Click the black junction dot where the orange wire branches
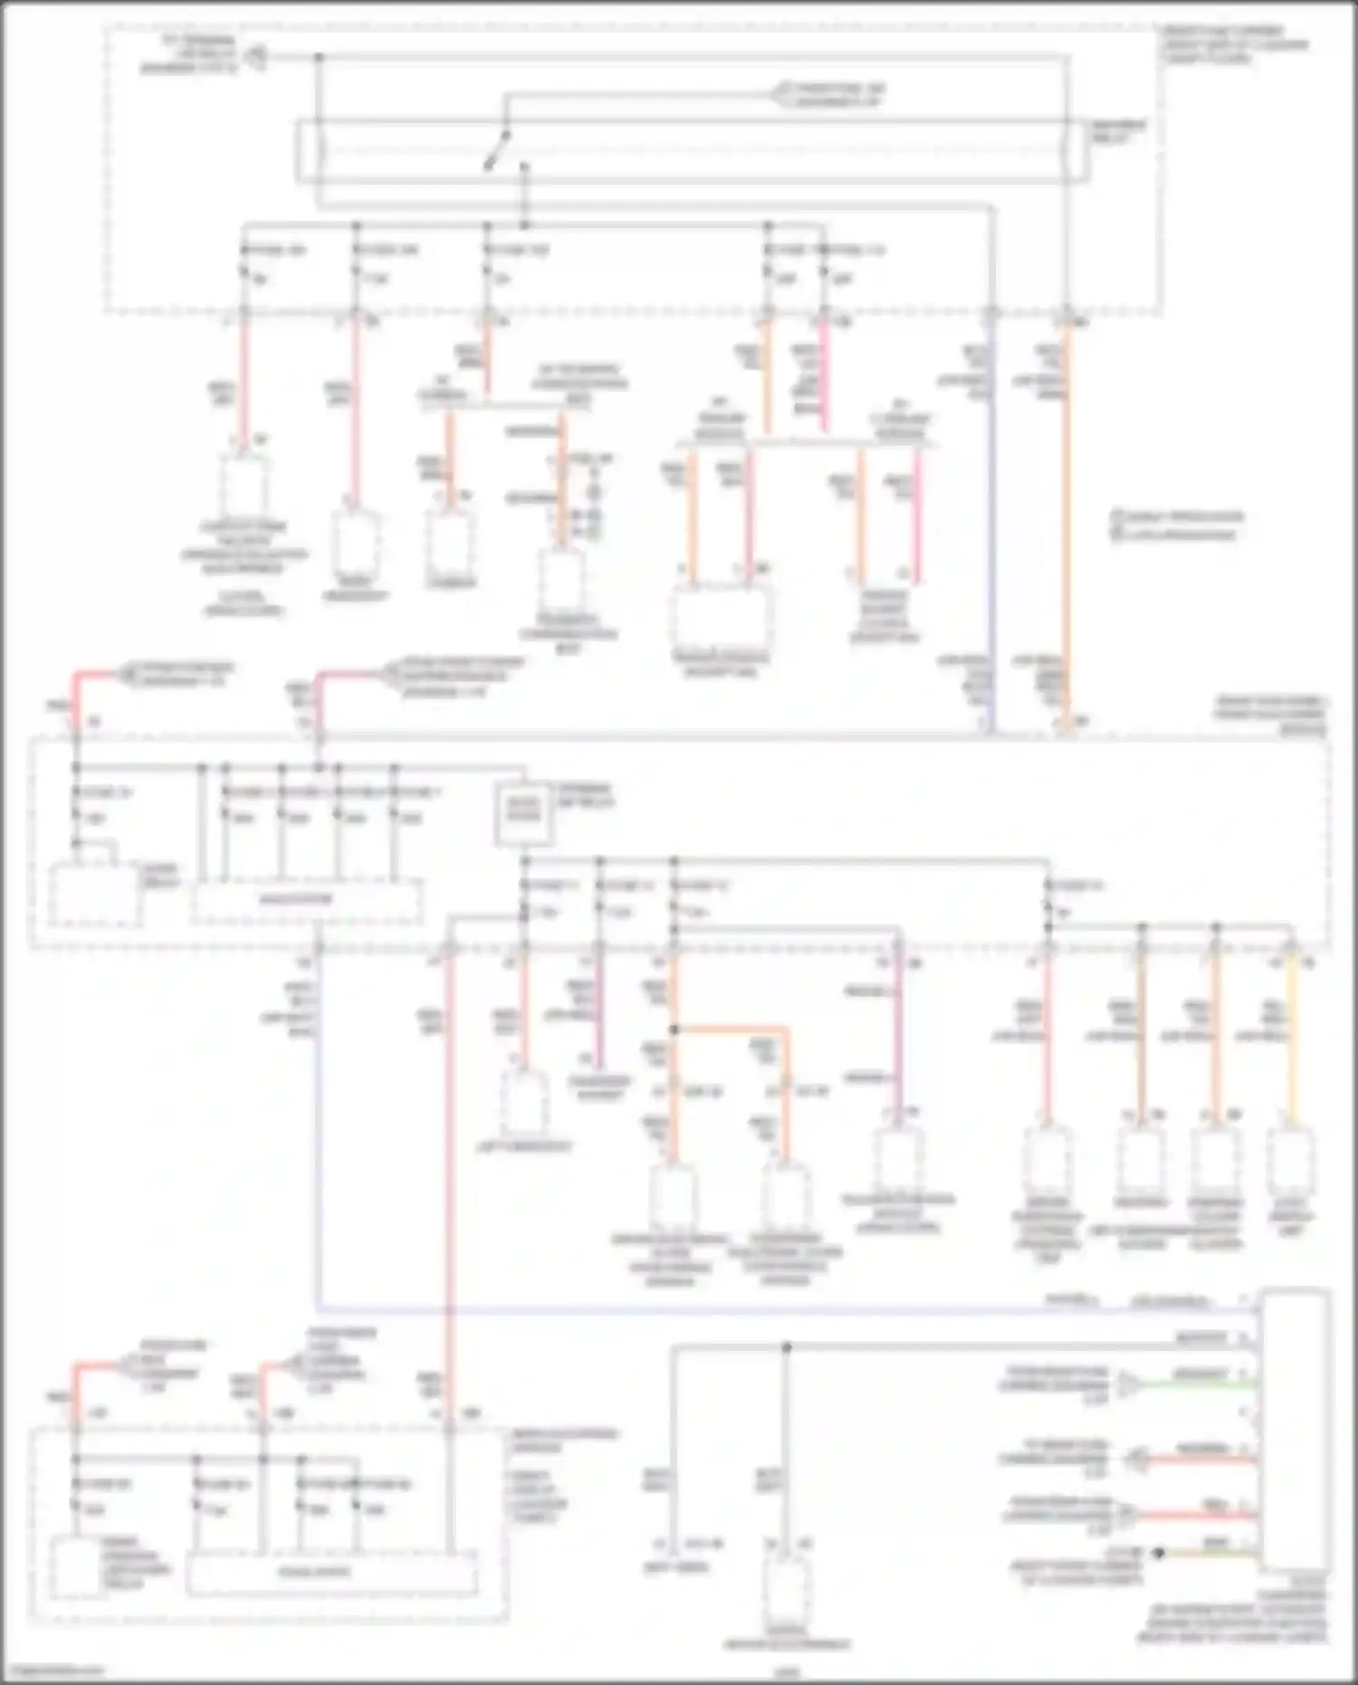(674, 1029)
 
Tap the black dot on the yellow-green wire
(1158, 1553)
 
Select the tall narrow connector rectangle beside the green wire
(1295, 1431)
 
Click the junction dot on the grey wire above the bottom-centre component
(786, 1347)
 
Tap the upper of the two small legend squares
(1117, 517)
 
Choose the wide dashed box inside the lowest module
(331, 1574)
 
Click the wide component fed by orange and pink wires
(721, 616)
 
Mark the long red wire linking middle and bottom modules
(447, 1177)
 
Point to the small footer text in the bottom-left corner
(54, 1671)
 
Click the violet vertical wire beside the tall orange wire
(990, 525)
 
